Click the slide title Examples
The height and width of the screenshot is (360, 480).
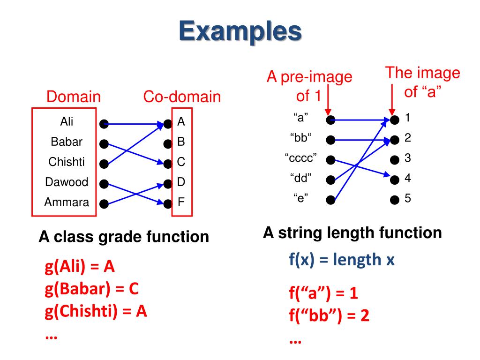(x=240, y=32)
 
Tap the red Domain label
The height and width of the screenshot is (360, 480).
(x=74, y=97)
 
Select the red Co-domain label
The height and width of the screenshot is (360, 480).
(x=182, y=97)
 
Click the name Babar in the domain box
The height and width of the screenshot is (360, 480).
(x=66, y=142)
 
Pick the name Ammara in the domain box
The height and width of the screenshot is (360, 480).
(x=66, y=203)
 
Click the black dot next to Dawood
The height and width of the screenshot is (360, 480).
(x=104, y=184)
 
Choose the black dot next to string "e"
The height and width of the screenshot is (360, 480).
(x=331, y=200)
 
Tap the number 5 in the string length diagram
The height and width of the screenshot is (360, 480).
(x=408, y=198)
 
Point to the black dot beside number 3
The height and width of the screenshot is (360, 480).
(x=395, y=159)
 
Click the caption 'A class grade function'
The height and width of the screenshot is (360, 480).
(x=124, y=236)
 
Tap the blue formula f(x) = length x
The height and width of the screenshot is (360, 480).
(x=342, y=259)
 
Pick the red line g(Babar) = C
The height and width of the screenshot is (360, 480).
(x=92, y=289)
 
